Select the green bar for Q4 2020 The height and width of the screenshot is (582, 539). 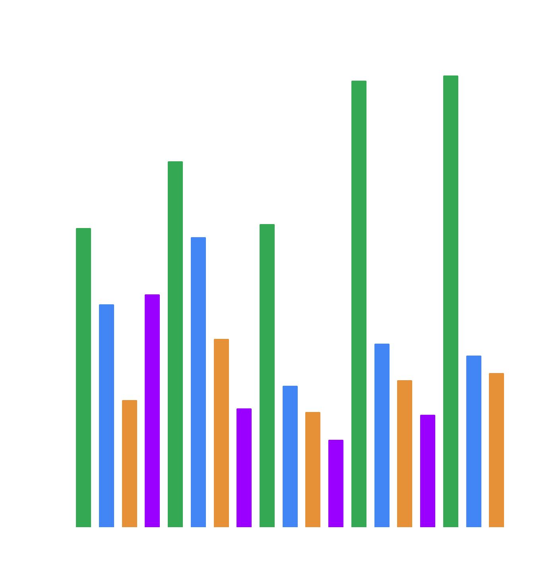(x=83, y=377)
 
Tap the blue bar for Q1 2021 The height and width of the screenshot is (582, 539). (x=107, y=416)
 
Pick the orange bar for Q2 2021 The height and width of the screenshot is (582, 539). (x=130, y=463)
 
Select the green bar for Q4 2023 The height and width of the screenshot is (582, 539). (x=359, y=304)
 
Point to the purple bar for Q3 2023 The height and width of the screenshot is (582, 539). (x=336, y=483)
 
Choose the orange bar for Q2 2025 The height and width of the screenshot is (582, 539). (x=496, y=450)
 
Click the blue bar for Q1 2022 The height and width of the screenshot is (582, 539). (x=198, y=382)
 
